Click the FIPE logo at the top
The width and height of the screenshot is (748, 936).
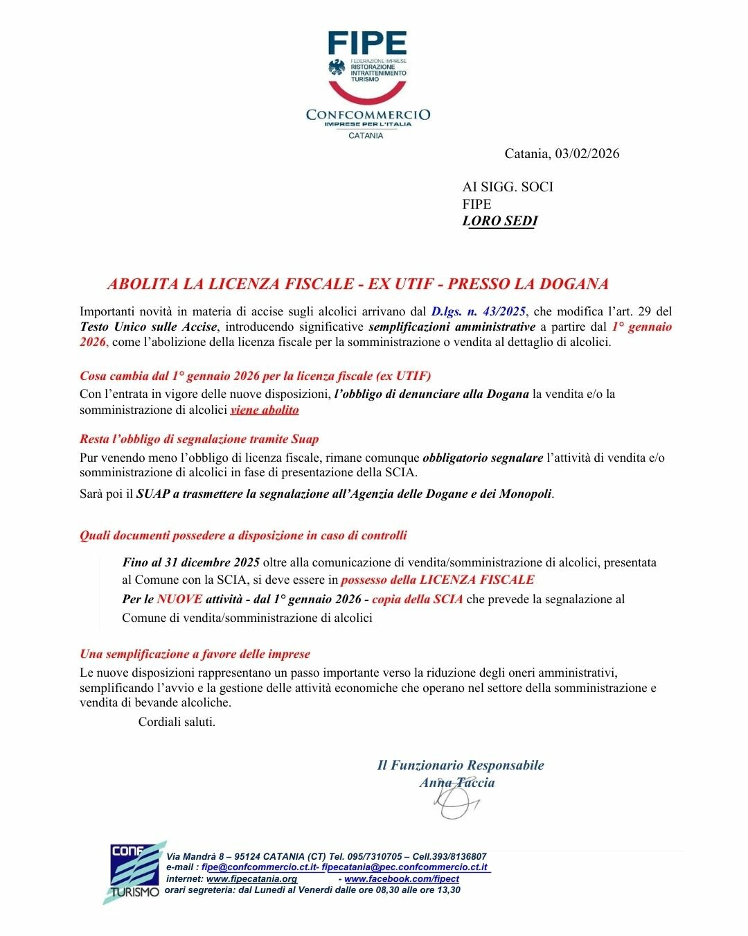point(367,43)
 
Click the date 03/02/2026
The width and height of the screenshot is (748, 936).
point(587,154)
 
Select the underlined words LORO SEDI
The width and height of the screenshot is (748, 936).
point(500,221)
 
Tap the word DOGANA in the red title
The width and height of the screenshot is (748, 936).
point(573,284)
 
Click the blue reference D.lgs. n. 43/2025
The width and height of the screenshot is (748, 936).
point(478,311)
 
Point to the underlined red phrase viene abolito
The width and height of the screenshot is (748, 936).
point(265,410)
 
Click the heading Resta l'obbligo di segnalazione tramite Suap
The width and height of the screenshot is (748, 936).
point(199,439)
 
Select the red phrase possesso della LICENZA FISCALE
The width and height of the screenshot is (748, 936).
point(438,580)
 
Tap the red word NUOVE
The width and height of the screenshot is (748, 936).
point(179,599)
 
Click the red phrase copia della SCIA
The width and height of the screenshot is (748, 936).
point(417,599)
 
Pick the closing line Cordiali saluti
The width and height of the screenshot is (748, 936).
point(177,722)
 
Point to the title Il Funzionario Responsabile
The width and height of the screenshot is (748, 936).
point(461,765)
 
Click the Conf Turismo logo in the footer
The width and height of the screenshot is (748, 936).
point(134,872)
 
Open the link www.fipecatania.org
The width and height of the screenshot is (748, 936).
point(252,879)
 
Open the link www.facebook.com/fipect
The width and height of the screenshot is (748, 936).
point(402,879)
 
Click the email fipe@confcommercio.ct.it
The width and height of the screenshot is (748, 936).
point(259,867)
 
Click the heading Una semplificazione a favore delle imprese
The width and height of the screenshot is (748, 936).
point(195,654)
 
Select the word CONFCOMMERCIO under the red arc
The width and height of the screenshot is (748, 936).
point(368,114)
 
